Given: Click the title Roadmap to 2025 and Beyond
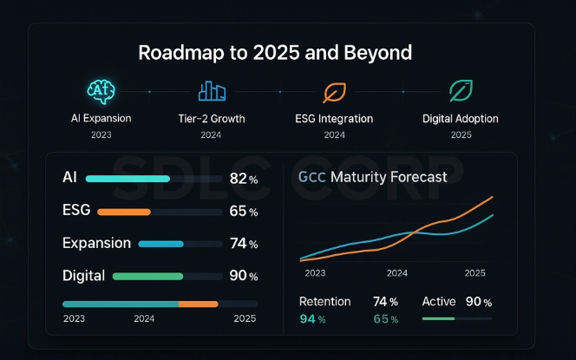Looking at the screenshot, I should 287,52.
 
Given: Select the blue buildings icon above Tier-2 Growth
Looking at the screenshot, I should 212,91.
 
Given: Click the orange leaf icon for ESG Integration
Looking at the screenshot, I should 334,91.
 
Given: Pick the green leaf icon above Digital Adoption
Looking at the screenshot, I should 461,91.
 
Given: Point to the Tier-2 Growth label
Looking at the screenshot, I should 212,118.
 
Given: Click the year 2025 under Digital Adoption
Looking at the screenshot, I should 461,134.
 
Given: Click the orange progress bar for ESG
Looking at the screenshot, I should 123,212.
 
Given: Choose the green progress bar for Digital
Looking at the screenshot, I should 147,277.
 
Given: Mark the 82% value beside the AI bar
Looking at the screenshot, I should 243,179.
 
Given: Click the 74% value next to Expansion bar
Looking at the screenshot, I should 243,245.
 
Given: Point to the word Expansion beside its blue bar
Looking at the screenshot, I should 96,244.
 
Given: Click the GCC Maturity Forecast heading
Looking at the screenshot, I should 372,177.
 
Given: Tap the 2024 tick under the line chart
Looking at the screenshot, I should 396,272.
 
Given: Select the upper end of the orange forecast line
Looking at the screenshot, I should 492,198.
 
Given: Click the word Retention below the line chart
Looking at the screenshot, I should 324,302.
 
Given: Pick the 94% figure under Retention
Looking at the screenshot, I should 311,319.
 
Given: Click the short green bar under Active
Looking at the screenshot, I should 438,318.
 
